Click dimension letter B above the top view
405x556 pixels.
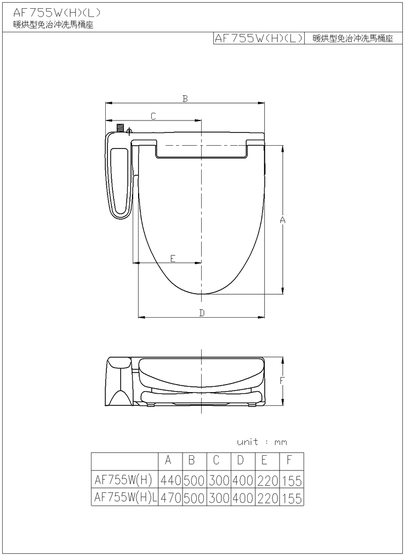point(185,99)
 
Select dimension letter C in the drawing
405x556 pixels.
point(153,116)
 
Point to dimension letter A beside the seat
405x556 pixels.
point(283,220)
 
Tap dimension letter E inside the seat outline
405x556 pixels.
point(173,259)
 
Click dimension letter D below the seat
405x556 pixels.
point(202,313)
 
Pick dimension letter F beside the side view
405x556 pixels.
point(282,381)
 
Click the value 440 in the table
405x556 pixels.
point(170,480)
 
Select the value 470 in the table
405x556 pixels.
point(170,498)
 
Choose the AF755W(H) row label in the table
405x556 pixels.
point(123,480)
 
